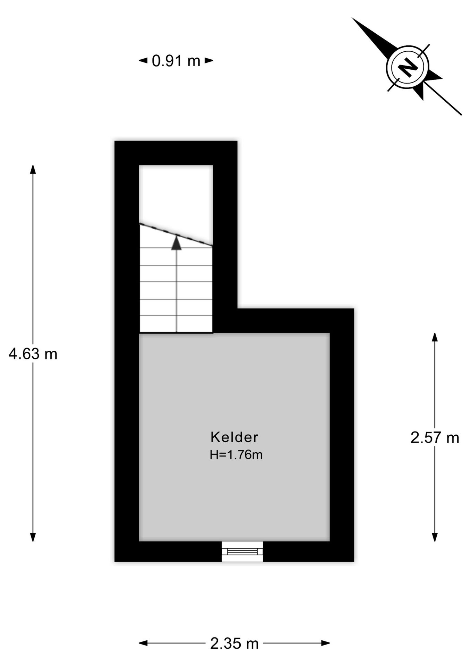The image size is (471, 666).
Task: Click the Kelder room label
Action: [x=234, y=437]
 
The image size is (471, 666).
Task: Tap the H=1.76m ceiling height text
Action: [x=236, y=454]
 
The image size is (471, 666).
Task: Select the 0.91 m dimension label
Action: [x=176, y=61]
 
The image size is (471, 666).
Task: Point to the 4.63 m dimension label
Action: [x=33, y=354]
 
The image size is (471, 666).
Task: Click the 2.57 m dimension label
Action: [x=435, y=438]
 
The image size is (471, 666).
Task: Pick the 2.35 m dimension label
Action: [x=234, y=643]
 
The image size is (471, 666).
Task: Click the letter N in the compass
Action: [x=408, y=67]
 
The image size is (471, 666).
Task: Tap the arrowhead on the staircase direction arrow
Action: [x=177, y=243]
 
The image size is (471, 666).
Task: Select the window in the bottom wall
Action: [x=242, y=551]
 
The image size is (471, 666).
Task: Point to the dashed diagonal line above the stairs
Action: [x=176, y=235]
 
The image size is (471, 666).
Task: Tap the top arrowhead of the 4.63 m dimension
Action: [x=33, y=170]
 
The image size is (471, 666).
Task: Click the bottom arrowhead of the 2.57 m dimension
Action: [x=435, y=537]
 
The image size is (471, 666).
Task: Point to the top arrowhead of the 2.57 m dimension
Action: [x=435, y=337]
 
